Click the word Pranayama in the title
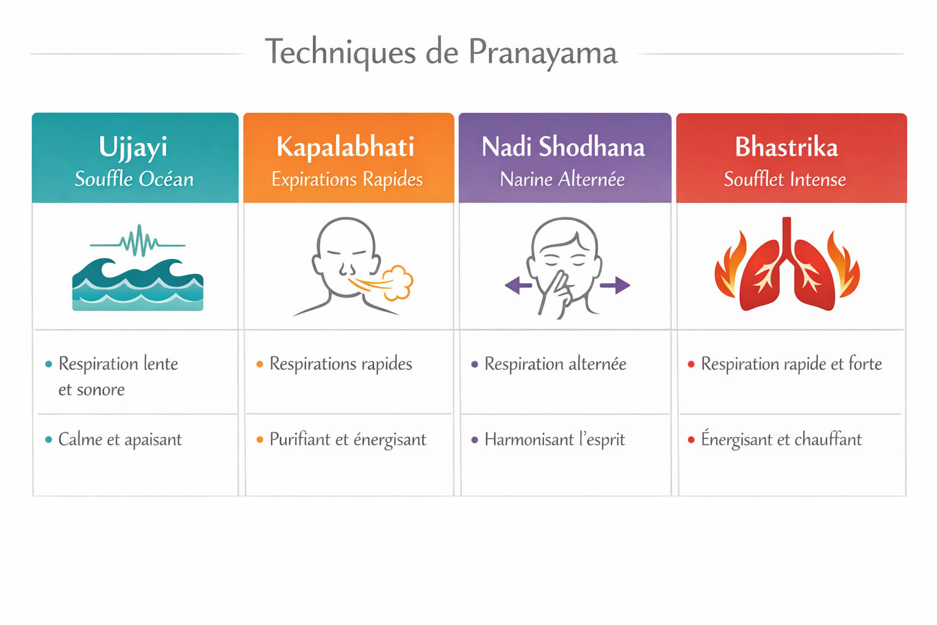tap(543, 53)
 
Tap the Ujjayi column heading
tap(133, 146)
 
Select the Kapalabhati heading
tap(345, 146)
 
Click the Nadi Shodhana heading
tap(563, 146)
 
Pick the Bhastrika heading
tap(786, 146)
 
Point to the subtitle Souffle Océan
tap(134, 179)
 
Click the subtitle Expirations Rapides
tap(347, 179)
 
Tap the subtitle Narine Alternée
tap(562, 179)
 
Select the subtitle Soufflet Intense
tap(785, 179)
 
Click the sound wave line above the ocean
tap(138, 242)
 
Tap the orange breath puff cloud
tap(399, 282)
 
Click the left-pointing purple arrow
tap(518, 285)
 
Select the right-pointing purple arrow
tap(615, 285)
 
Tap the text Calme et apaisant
tap(120, 439)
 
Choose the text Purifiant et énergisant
tap(348, 439)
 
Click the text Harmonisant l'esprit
tap(555, 439)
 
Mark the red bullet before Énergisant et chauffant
tap(691, 439)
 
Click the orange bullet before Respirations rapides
tap(260, 364)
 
